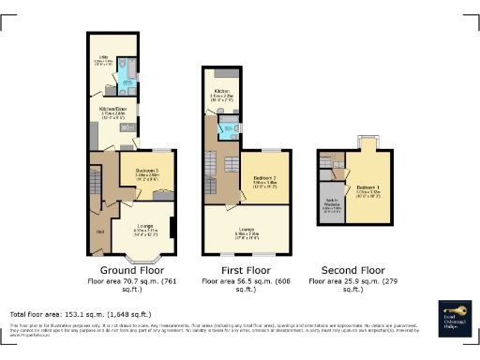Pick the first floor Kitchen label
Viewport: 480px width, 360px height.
[221, 93]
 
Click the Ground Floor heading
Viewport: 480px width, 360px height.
[127, 269]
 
